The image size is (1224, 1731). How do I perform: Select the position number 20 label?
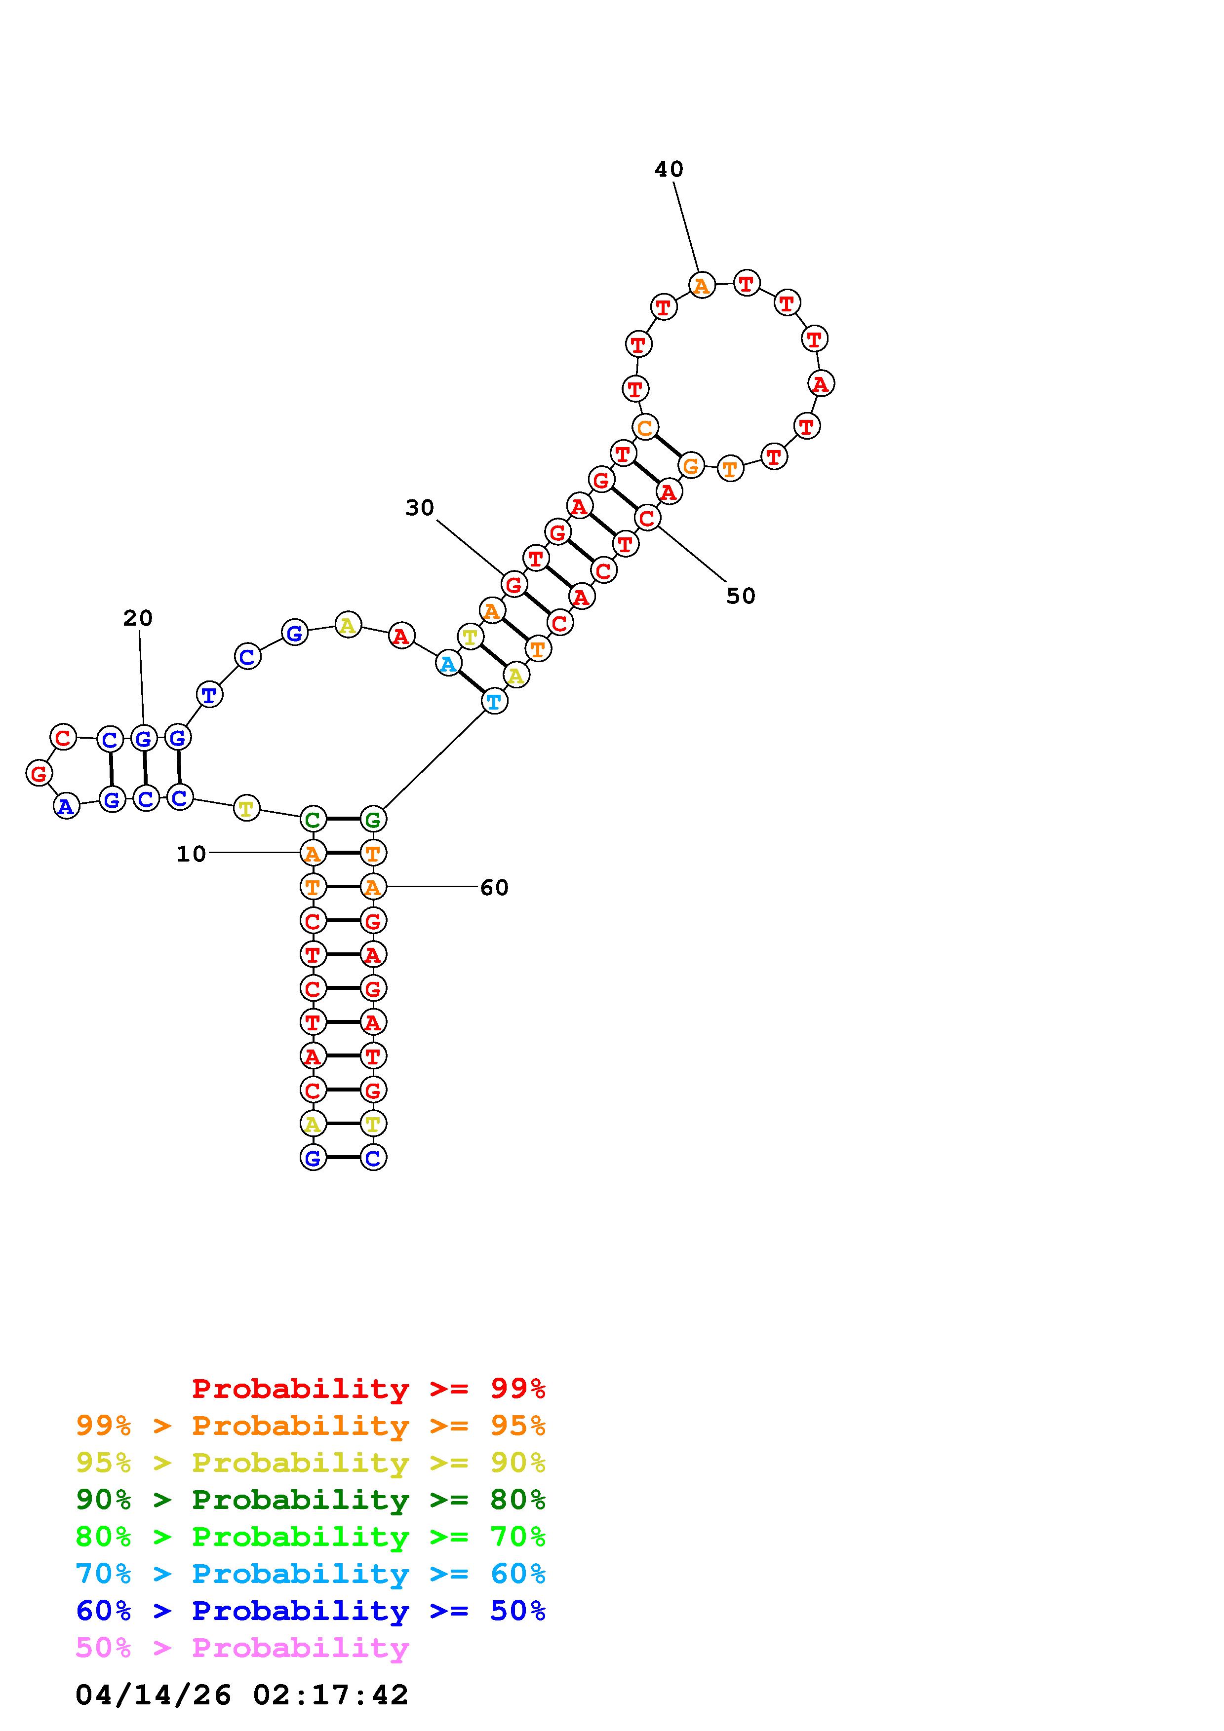point(138,618)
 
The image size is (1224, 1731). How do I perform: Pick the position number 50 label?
point(741,597)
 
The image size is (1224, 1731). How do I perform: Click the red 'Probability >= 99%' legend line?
point(369,1389)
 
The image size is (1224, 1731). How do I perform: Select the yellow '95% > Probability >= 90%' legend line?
point(311,1463)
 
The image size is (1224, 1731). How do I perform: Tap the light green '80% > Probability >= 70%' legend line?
point(311,1537)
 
